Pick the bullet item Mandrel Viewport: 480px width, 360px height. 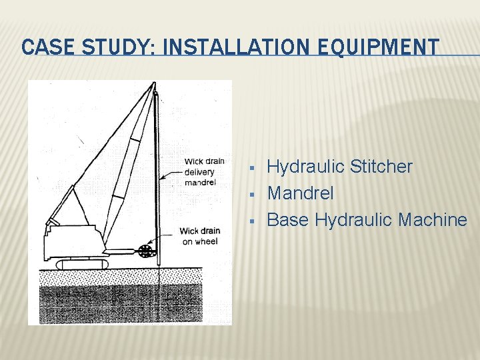(x=300, y=193)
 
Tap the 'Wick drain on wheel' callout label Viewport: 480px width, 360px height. (x=199, y=236)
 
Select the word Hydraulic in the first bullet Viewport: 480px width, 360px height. (x=305, y=167)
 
